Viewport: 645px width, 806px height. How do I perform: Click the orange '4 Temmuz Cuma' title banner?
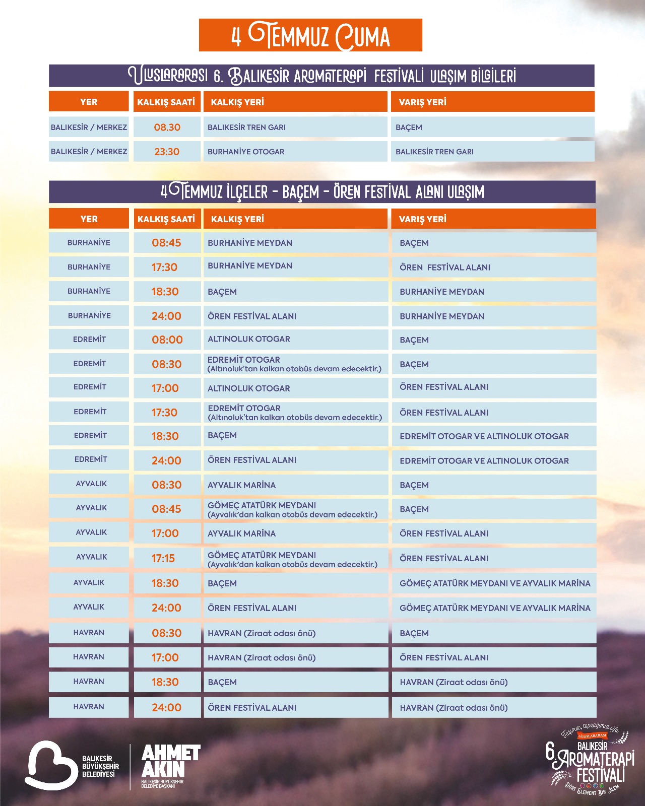tap(310, 35)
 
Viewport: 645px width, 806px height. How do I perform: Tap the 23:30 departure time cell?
tap(167, 152)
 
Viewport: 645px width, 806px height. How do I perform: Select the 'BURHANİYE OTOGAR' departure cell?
tap(246, 152)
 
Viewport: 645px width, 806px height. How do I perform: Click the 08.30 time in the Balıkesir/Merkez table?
tap(167, 127)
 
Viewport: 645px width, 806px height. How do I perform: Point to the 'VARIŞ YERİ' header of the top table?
tap(422, 102)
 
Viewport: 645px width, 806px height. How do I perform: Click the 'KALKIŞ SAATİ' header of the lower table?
tap(166, 219)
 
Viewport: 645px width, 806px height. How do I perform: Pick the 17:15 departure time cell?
tap(163, 558)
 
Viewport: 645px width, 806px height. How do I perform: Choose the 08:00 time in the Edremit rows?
tap(167, 340)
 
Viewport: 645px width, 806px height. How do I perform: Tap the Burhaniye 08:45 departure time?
tap(166, 243)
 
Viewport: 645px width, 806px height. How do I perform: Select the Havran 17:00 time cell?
tap(165, 657)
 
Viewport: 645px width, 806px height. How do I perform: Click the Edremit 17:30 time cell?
tap(165, 413)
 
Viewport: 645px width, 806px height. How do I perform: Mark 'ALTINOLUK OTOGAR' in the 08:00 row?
tap(249, 339)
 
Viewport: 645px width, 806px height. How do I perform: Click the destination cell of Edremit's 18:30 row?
tap(484, 436)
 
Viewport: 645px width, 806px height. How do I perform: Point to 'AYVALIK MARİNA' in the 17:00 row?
tap(242, 533)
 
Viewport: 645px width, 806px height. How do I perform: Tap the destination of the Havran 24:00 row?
tap(454, 708)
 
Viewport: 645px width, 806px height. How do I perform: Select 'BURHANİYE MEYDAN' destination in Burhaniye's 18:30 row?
tap(442, 292)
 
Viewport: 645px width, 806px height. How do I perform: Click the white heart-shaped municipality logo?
tap(50, 764)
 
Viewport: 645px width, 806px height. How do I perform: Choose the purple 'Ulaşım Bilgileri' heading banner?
tap(321, 76)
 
